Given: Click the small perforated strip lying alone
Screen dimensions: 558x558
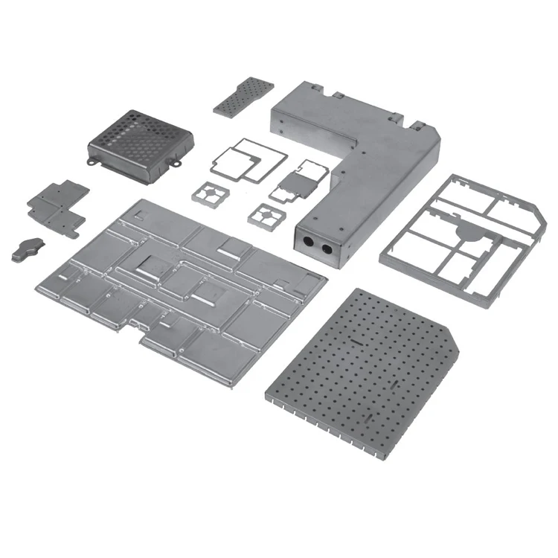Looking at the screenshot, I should point(243,96).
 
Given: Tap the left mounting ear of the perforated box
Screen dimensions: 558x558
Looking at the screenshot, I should point(92,161).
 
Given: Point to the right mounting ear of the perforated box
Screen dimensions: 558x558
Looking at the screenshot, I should point(179,160).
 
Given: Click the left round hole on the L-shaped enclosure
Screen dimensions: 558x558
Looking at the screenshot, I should point(307,241).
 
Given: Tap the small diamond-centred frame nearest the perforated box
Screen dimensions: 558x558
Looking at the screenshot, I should point(211,193).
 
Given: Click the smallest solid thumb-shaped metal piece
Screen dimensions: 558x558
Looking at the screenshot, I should point(27,248).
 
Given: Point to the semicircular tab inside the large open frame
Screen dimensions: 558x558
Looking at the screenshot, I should point(469,232).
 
